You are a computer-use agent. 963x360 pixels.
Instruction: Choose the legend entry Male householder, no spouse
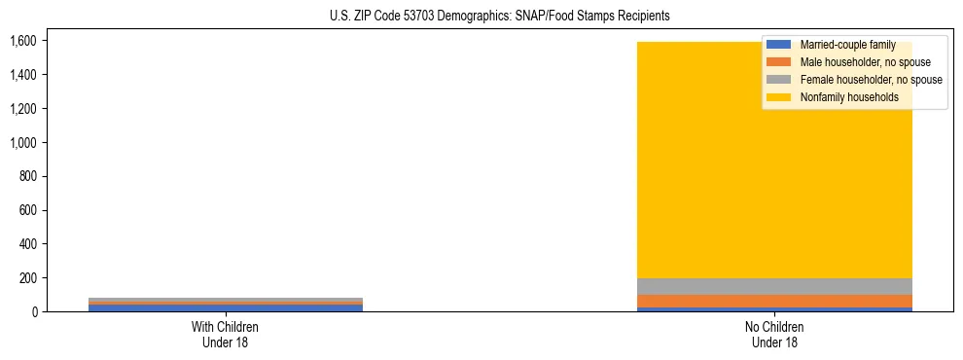point(851,62)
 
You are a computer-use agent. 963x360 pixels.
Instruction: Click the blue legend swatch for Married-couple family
point(779,45)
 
